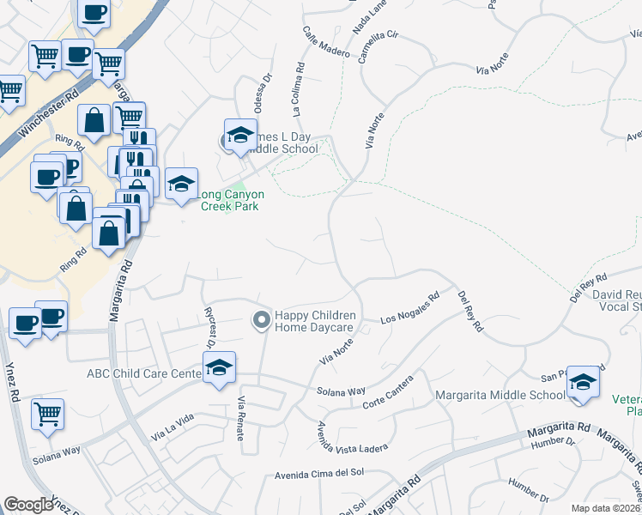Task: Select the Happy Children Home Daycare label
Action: tap(314, 322)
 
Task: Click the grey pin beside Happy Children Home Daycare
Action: tap(262, 321)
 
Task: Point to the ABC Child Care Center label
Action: tap(144, 373)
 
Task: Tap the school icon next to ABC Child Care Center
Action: tap(220, 368)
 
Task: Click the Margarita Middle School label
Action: tap(500, 395)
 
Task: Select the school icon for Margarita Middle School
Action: tap(583, 382)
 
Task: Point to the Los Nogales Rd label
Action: tap(410, 308)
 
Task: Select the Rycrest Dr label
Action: tap(209, 330)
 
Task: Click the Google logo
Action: tap(28, 504)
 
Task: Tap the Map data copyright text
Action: tap(606, 507)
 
